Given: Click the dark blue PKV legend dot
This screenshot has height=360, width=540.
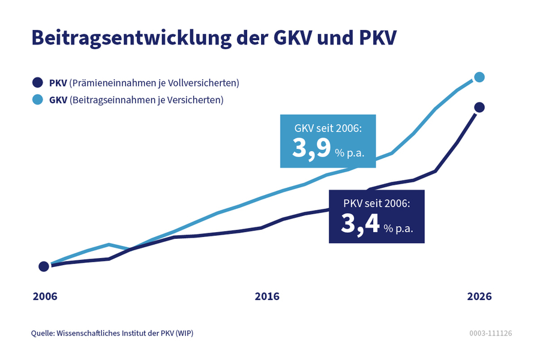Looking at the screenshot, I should (x=37, y=83).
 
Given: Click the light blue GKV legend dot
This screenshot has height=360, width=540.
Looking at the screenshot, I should (x=37, y=100).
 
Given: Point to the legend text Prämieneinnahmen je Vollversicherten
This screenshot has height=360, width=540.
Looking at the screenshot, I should (x=154, y=83).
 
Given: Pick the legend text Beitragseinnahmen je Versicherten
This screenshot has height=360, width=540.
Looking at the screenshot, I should (x=146, y=100).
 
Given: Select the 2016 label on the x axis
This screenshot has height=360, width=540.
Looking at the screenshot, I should (x=267, y=296).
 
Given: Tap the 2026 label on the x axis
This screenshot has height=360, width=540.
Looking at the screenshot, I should (x=479, y=296).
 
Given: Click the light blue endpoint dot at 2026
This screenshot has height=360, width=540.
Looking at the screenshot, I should (x=479, y=77).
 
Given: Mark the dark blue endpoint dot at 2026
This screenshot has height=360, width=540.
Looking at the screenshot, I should (x=479, y=107).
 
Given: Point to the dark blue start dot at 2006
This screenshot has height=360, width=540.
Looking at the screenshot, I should (x=44, y=266).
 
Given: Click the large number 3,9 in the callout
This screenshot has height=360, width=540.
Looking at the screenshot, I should (x=311, y=148).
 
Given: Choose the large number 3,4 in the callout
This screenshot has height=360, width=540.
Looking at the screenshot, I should (x=360, y=224).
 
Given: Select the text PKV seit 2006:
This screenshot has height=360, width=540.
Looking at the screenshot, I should (x=376, y=203).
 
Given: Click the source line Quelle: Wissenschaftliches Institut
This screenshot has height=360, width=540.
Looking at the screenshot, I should (x=112, y=333).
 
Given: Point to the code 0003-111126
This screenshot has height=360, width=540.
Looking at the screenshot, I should (x=490, y=333).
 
